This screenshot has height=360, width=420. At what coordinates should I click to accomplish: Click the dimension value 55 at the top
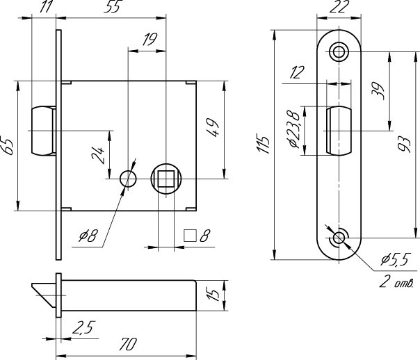click(x=111, y=8)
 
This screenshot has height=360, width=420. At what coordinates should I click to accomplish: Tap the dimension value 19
click(x=148, y=41)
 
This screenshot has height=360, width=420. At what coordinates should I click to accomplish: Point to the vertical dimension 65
click(x=8, y=146)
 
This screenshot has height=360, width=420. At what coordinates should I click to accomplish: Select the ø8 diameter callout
click(x=88, y=236)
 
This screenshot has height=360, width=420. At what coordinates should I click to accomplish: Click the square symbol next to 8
click(x=188, y=236)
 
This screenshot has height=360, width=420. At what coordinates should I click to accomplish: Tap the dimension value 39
click(x=379, y=90)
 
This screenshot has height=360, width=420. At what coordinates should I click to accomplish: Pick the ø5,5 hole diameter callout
click(x=394, y=261)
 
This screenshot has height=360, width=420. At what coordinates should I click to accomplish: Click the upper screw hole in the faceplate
click(x=339, y=51)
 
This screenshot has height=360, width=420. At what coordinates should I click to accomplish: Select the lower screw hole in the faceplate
click(x=339, y=238)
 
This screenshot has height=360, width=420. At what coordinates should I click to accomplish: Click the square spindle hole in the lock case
click(x=167, y=180)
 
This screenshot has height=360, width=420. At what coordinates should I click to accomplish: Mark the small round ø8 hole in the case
click(x=127, y=179)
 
